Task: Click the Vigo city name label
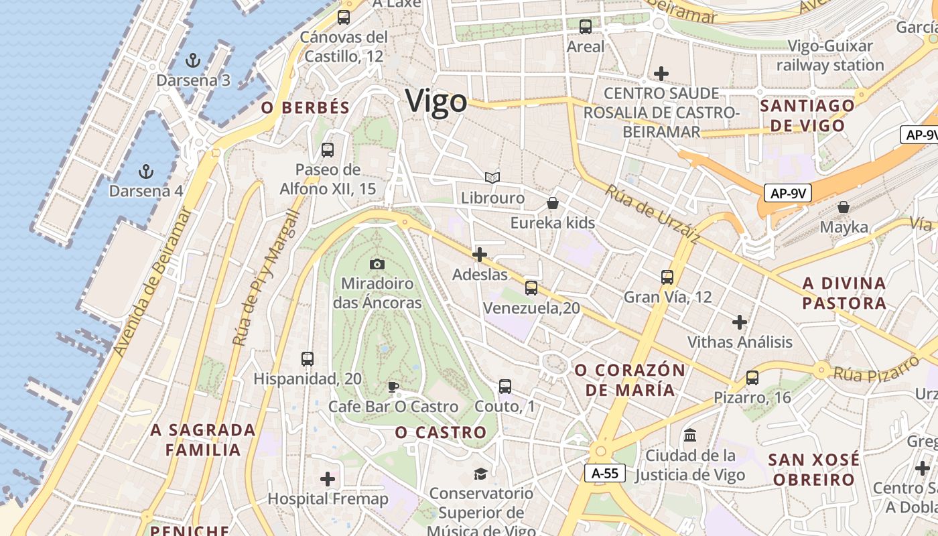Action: point(436,102)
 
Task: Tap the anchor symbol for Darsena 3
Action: point(193,61)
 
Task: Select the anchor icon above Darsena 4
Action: point(145,172)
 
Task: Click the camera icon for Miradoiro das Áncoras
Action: point(377,264)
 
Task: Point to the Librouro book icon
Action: point(492,178)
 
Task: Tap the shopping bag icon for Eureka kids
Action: point(553,202)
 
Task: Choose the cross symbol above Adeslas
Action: point(480,255)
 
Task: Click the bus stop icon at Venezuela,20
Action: point(531,288)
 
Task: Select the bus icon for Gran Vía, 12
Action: point(667,277)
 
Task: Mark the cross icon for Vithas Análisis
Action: point(740,322)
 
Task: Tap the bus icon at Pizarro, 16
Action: point(752,378)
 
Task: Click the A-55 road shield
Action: point(605,474)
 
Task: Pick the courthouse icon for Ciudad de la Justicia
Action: point(690,435)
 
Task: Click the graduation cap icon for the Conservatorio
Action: point(480,474)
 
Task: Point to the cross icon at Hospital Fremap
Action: point(328,479)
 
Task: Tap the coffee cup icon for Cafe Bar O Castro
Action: point(393,387)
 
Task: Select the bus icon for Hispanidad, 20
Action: point(308,359)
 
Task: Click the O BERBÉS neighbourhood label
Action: point(306,108)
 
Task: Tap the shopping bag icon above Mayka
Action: point(844,207)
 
